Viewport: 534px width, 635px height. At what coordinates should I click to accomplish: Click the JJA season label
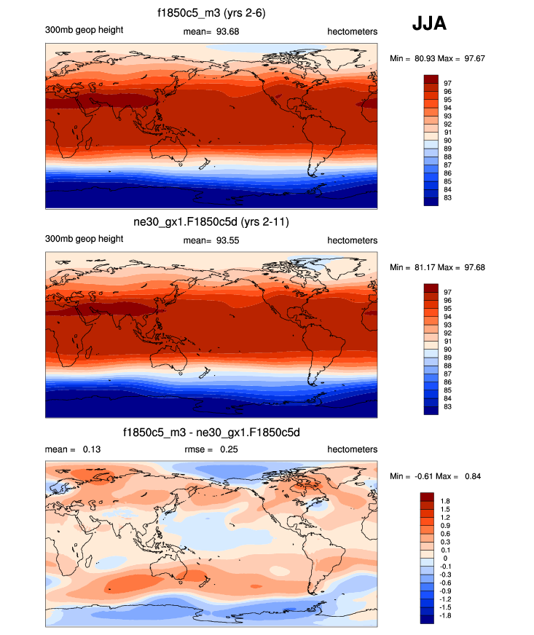coord(429,24)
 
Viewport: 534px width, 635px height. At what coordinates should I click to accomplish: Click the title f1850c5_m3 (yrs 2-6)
coord(211,13)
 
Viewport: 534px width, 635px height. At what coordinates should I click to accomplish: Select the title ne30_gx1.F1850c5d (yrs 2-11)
coord(211,222)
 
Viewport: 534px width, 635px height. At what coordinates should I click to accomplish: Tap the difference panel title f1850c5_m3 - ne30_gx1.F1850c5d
coord(211,433)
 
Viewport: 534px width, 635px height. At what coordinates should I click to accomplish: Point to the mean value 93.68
coord(228,30)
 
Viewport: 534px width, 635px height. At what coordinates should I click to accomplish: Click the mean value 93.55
coord(228,240)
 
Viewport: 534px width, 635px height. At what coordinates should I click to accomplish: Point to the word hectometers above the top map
coord(353,30)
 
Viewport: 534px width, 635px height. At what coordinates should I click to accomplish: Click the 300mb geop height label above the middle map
coord(84,240)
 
